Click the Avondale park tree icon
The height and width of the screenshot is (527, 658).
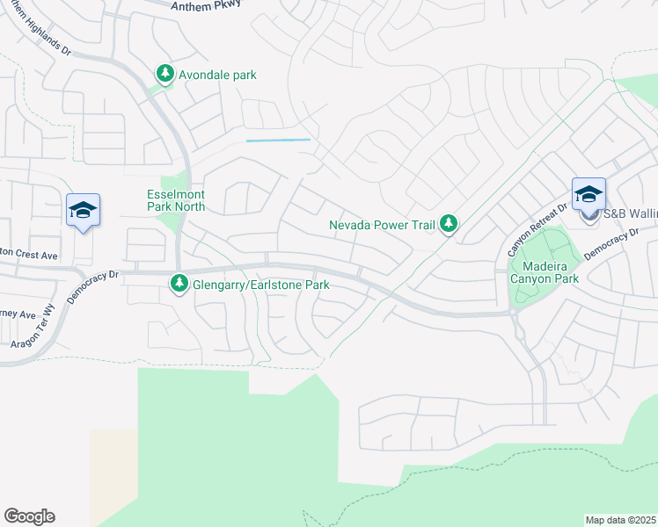click(x=164, y=75)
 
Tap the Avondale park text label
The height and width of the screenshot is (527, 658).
click(x=217, y=76)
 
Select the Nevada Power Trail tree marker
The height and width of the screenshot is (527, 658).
click(x=449, y=224)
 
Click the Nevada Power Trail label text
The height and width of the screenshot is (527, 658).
click(x=382, y=225)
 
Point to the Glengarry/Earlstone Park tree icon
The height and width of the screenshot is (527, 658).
click(x=179, y=284)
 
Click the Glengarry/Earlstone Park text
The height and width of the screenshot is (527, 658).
click(x=260, y=285)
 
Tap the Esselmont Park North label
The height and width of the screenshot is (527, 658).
click(x=176, y=200)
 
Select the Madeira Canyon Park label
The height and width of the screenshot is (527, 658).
click(x=551, y=271)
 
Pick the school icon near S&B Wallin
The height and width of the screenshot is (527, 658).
click(x=589, y=195)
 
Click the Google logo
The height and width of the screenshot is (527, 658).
click(x=29, y=516)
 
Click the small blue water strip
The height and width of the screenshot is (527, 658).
click(x=278, y=140)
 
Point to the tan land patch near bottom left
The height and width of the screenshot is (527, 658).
click(x=113, y=474)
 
